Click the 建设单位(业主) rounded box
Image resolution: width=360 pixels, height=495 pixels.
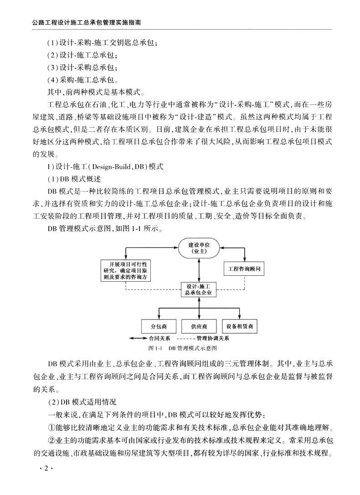(x=198, y=248)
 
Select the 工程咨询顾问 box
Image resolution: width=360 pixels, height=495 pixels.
(x=244, y=268)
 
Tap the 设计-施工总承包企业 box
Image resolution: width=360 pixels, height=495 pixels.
(x=198, y=290)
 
